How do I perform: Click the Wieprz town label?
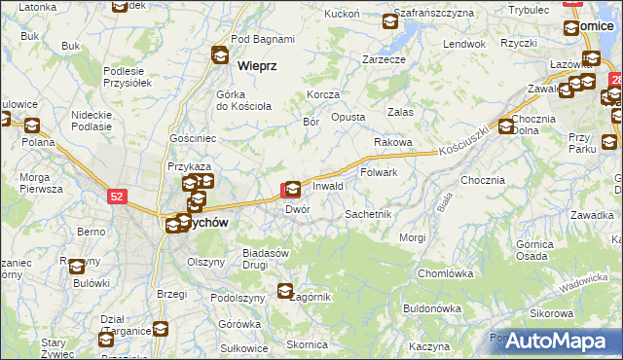click(x=258, y=66)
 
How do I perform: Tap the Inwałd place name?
click(x=328, y=185)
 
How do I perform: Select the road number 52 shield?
click(x=117, y=197)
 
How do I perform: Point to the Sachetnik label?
click(x=368, y=213)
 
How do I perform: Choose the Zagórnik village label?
click(x=314, y=296)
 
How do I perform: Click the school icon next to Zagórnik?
click(x=285, y=290)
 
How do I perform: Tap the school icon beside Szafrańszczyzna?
click(x=390, y=19)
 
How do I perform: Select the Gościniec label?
click(x=192, y=139)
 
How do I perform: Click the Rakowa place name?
click(x=393, y=142)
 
